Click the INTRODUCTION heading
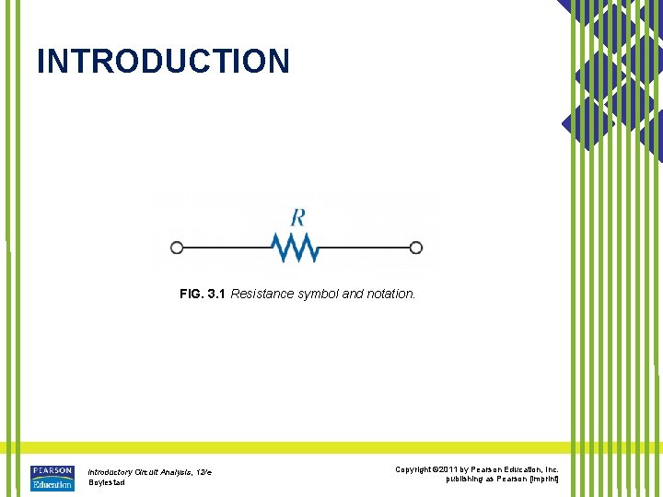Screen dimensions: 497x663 pyautogui.click(x=163, y=62)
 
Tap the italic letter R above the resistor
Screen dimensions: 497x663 pyautogui.click(x=297, y=218)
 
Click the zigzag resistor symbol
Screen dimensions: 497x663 pyautogui.click(x=295, y=247)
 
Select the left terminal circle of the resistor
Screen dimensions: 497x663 pyautogui.click(x=177, y=247)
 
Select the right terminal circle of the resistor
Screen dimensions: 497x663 pyautogui.click(x=416, y=247)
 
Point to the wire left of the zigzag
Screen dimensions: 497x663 pyautogui.click(x=226, y=247)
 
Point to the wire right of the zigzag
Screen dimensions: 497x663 pyautogui.click(x=364, y=247)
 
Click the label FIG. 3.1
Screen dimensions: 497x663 pyautogui.click(x=203, y=295)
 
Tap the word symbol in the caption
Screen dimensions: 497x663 pyautogui.click(x=319, y=295)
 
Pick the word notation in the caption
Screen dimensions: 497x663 pyautogui.click(x=390, y=295)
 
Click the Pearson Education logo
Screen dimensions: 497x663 pyautogui.click(x=52, y=479)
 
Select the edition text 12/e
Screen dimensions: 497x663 pyautogui.click(x=203, y=472)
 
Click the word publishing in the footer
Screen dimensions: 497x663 pyautogui.click(x=466, y=480)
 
